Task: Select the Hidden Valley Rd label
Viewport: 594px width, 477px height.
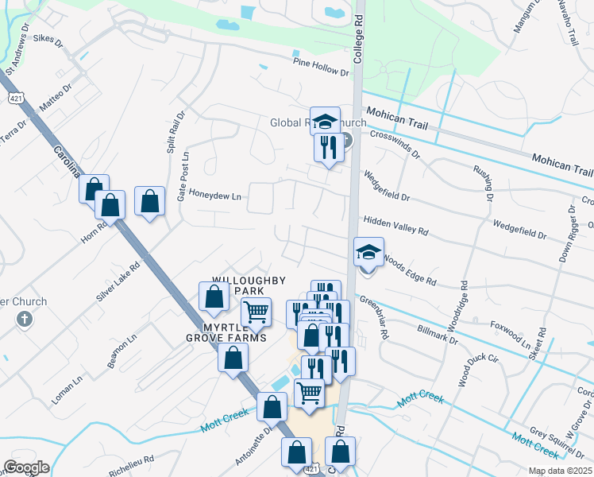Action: click(x=395, y=226)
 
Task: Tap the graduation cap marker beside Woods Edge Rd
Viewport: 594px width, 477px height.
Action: click(x=368, y=252)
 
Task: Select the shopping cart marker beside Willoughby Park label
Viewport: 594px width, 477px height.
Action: click(x=256, y=312)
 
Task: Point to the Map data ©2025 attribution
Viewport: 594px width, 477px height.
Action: click(x=559, y=471)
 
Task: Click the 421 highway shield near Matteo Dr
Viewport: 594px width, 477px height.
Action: click(x=16, y=98)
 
